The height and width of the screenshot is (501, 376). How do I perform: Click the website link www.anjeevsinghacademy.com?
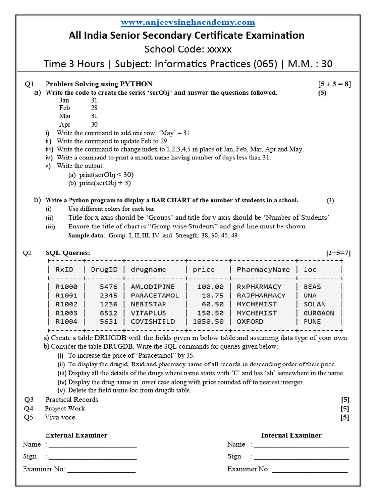[x=188, y=22]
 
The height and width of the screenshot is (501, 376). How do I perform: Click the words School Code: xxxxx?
[x=188, y=49]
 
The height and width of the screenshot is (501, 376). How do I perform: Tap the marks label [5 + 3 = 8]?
[x=334, y=84]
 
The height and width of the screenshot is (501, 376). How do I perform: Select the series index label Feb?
[x=65, y=108]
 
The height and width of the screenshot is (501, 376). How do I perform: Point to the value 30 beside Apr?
[x=94, y=125]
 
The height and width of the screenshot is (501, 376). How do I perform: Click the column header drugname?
[x=148, y=269]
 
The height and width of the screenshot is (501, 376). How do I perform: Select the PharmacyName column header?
[x=263, y=269]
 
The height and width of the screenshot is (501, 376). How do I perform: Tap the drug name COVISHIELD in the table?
[x=152, y=322]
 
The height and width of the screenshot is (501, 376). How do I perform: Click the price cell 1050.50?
[x=208, y=322]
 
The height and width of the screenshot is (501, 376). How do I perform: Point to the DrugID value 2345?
[x=108, y=296]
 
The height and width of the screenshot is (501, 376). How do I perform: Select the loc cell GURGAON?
[x=319, y=313]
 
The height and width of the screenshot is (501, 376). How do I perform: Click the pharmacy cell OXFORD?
[x=250, y=322]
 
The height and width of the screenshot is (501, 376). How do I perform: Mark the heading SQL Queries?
[x=68, y=252]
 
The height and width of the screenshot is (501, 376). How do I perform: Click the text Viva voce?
[x=60, y=417]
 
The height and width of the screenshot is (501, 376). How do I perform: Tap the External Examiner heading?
[x=76, y=435]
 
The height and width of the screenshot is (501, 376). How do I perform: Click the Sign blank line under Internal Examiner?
[x=301, y=457]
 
